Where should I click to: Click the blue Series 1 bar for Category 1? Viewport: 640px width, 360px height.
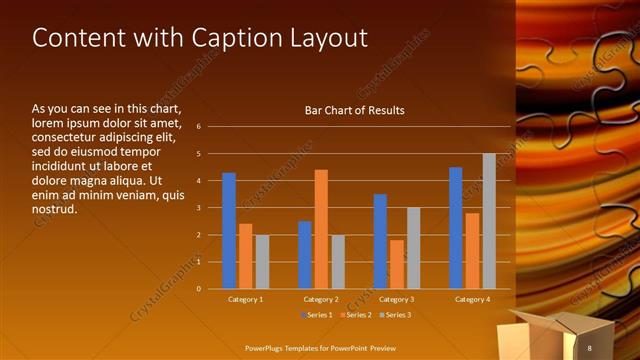[229, 231]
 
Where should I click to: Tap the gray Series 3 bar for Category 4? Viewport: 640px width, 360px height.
[489, 221]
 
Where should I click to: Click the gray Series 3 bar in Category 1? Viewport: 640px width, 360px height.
[262, 262]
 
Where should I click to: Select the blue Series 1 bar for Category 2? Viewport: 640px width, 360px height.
[304, 255]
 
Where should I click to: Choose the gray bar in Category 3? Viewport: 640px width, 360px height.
[413, 248]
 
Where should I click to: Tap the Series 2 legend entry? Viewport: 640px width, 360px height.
[357, 315]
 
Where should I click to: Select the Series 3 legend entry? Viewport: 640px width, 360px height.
[394, 315]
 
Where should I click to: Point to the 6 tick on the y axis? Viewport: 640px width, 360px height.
[199, 127]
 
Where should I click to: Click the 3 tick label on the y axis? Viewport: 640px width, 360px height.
[199, 208]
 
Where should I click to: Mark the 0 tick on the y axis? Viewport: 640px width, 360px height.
[199, 289]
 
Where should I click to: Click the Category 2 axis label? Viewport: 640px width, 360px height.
[320, 299]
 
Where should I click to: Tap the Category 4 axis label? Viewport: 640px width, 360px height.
[471, 299]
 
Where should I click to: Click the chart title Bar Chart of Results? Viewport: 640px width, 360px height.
[354, 110]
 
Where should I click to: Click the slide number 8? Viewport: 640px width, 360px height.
[590, 347]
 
